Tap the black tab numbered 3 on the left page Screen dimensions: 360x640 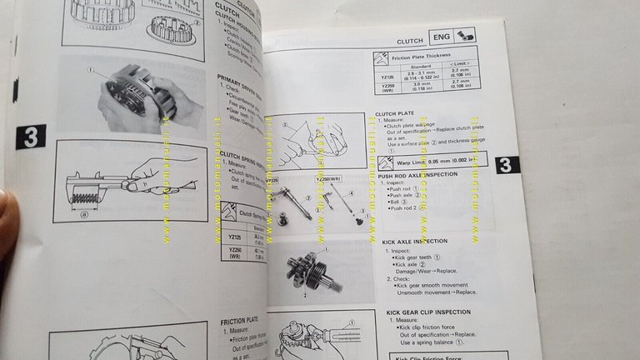click(30, 137)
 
